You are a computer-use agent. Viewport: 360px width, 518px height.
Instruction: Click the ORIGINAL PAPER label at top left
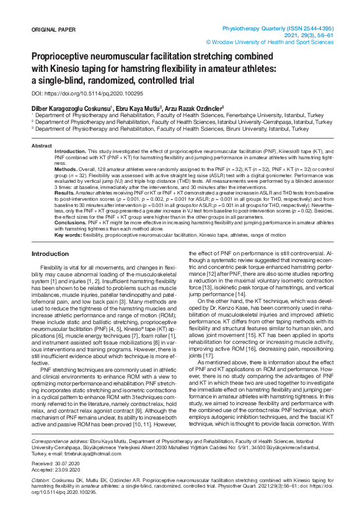pyautogui.click(x=54, y=30)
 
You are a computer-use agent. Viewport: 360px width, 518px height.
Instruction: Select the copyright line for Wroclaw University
pyautogui.click(x=270, y=42)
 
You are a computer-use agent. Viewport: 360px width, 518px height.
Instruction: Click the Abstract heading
pyautogui.click(x=42, y=146)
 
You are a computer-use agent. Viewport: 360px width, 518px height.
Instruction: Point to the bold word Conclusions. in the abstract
pyautogui.click(x=71, y=222)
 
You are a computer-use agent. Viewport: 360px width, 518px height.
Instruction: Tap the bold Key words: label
pyautogui.click(x=68, y=235)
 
